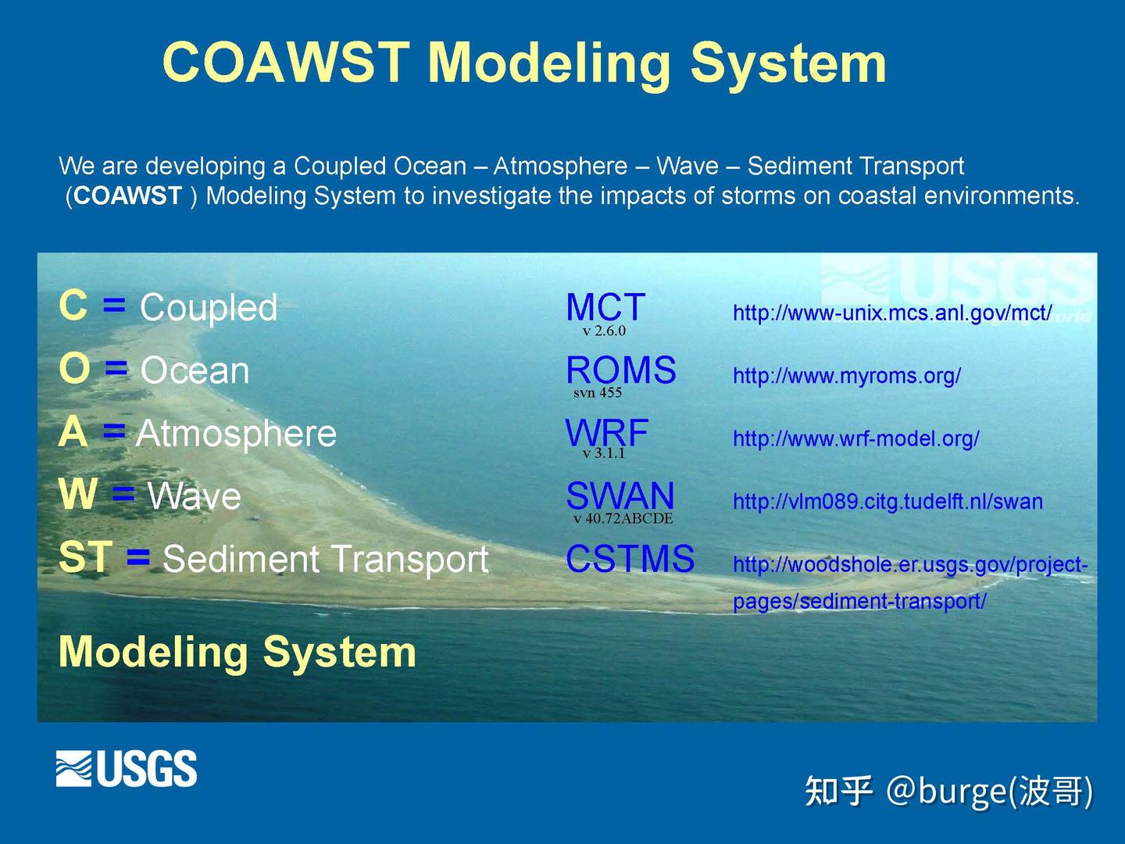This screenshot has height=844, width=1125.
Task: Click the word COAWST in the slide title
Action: (x=286, y=63)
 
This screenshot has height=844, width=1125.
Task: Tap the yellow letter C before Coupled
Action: (x=73, y=305)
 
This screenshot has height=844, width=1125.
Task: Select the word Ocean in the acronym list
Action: (x=195, y=370)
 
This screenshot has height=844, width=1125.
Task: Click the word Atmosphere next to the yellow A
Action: (x=236, y=434)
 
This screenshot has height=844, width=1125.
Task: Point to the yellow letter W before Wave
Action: (x=78, y=495)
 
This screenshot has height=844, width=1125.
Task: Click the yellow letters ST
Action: (x=85, y=557)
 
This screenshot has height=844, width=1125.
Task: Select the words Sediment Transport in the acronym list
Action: (x=325, y=560)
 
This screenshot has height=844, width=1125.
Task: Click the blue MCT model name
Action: (x=605, y=306)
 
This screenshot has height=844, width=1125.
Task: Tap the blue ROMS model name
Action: (x=620, y=370)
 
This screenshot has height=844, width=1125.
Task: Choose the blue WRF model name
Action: (x=606, y=432)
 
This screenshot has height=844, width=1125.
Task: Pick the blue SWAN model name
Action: (x=620, y=495)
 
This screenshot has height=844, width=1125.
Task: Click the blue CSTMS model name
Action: (x=630, y=559)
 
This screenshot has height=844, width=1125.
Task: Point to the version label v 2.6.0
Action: (x=604, y=331)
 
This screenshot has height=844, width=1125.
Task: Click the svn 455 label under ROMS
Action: (x=597, y=393)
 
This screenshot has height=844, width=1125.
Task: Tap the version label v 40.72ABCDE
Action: (x=623, y=519)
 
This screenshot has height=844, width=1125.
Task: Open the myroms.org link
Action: (x=846, y=376)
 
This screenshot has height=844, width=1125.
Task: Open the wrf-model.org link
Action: (x=855, y=438)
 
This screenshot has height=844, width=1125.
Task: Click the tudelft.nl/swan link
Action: (x=887, y=502)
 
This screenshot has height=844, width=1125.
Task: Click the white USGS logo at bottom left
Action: (x=126, y=768)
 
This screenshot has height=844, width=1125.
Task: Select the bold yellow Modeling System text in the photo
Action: (x=237, y=652)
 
